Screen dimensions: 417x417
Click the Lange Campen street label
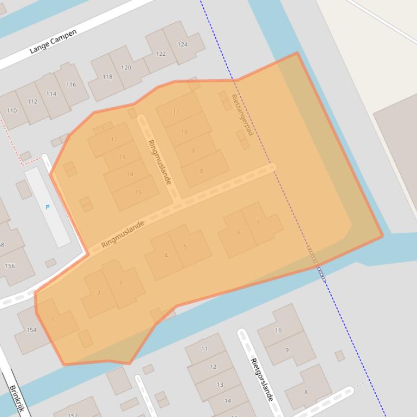click(x=53, y=41)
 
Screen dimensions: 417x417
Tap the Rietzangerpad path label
click(x=242, y=115)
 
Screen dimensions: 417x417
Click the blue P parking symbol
click(x=48, y=207)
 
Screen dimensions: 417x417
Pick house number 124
click(x=182, y=44)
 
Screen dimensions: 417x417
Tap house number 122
click(x=161, y=54)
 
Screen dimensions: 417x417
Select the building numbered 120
click(x=126, y=68)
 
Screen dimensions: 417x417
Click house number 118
click(x=107, y=77)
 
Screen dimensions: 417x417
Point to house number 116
click(x=71, y=84)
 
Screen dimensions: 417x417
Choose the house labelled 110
click(x=11, y=110)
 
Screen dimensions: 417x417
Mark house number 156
click(x=9, y=266)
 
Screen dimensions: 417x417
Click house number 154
click(x=31, y=330)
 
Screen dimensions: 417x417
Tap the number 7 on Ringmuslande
click(x=258, y=222)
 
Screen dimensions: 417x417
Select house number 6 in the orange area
click(x=239, y=233)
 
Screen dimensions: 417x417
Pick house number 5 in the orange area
click(x=185, y=247)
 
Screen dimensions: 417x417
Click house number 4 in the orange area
click(x=166, y=256)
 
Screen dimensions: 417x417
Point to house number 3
click(x=120, y=283)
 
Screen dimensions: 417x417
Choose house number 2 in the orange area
click(x=99, y=293)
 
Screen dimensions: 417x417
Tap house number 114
click(x=51, y=94)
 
